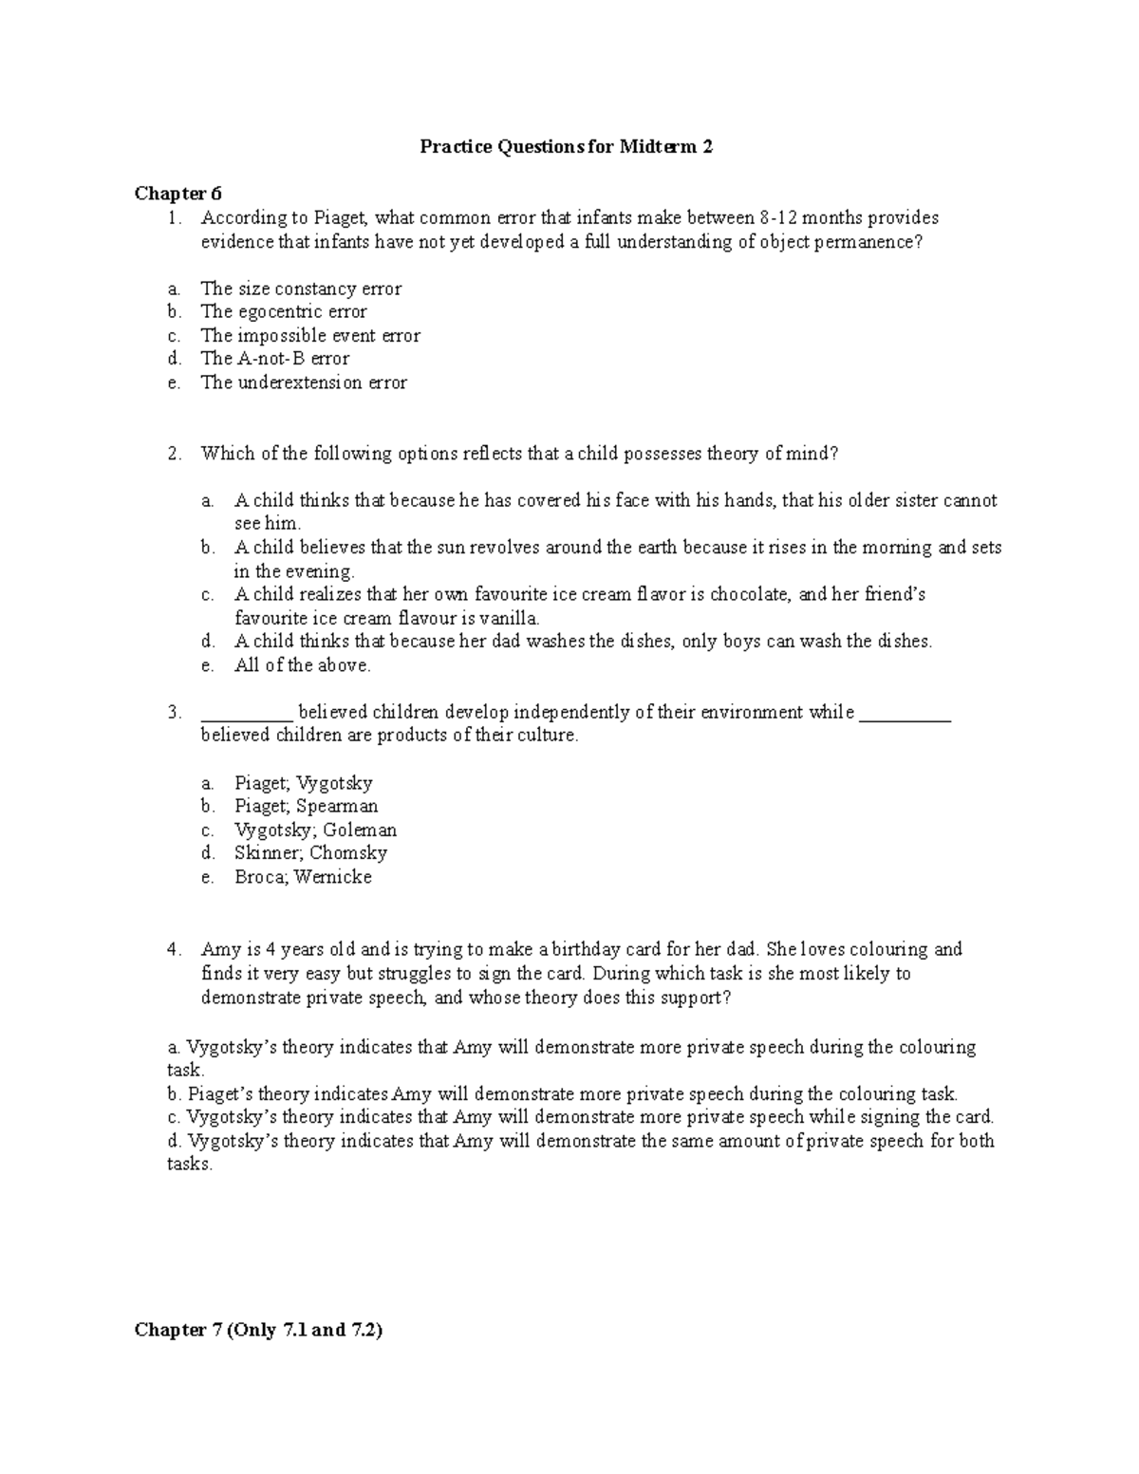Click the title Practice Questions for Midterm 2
pyautogui.click(x=567, y=147)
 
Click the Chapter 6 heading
pyautogui.click(x=177, y=194)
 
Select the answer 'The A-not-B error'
pyautogui.click(x=274, y=359)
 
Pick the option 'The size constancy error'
pyautogui.click(x=300, y=289)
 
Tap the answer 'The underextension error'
pyautogui.click(x=303, y=382)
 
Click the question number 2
pyautogui.click(x=173, y=454)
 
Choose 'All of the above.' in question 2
pyautogui.click(x=302, y=665)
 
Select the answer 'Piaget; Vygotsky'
pyautogui.click(x=303, y=783)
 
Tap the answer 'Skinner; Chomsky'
pyautogui.click(x=310, y=853)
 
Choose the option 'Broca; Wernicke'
pyautogui.click(x=303, y=877)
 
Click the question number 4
pyautogui.click(x=173, y=949)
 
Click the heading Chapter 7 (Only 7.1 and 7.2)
pyautogui.click(x=258, y=1330)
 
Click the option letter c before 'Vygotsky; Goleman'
pyautogui.click(x=206, y=830)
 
